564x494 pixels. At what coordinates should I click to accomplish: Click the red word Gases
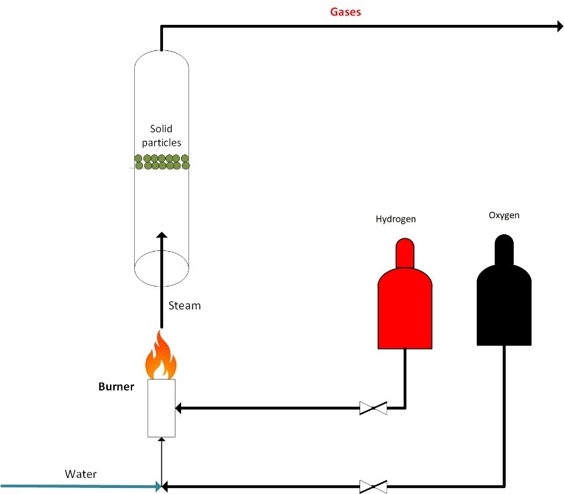pyautogui.click(x=346, y=11)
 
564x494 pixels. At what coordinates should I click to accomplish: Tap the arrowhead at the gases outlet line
pyautogui.click(x=558, y=26)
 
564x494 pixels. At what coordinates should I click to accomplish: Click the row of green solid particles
pyautogui.click(x=162, y=162)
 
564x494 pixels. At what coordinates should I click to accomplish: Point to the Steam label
pyautogui.click(x=184, y=305)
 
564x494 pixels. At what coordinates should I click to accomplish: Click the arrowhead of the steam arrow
pyautogui.click(x=162, y=236)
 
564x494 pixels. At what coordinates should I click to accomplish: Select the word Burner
pyautogui.click(x=117, y=387)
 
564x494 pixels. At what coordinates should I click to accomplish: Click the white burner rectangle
pyautogui.click(x=162, y=408)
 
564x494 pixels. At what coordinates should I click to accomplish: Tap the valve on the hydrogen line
pyautogui.click(x=373, y=407)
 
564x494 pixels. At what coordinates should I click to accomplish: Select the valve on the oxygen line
pyautogui.click(x=373, y=485)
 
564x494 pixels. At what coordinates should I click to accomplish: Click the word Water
pyautogui.click(x=80, y=474)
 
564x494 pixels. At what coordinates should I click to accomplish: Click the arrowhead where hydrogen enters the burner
pyautogui.click(x=179, y=407)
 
